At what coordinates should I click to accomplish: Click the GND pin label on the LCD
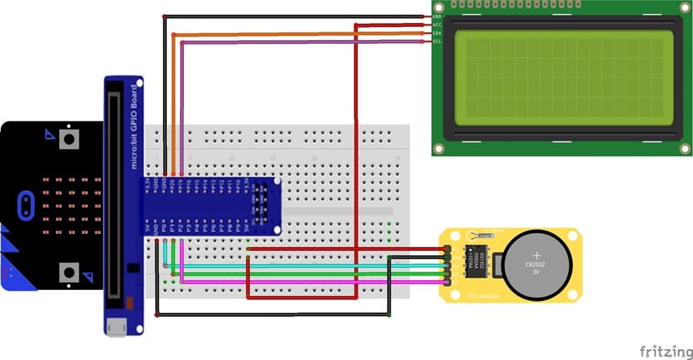tap(437, 16)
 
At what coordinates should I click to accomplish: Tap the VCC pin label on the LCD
tap(437, 25)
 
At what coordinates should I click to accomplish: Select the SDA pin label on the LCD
tap(437, 33)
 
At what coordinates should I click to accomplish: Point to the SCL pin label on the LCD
tap(437, 42)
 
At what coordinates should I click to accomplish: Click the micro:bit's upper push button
tap(69, 139)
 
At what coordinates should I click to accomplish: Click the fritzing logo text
tap(665, 352)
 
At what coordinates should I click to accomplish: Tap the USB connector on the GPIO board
tap(116, 327)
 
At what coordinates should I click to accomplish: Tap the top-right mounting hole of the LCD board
tap(682, 8)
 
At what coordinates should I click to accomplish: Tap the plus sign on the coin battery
tap(536, 255)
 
